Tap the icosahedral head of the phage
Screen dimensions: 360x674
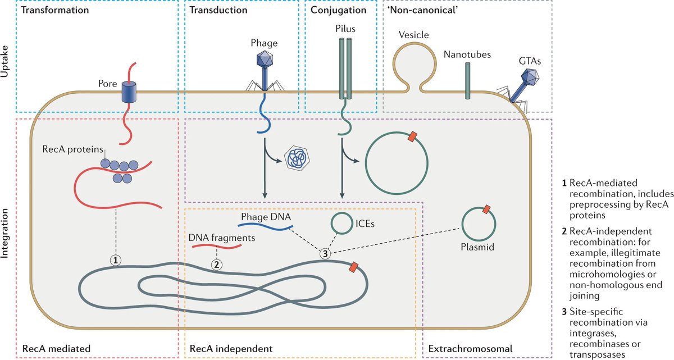coord(264,58)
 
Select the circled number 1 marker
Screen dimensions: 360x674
coord(116,260)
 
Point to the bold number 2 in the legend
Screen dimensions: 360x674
coord(563,231)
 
